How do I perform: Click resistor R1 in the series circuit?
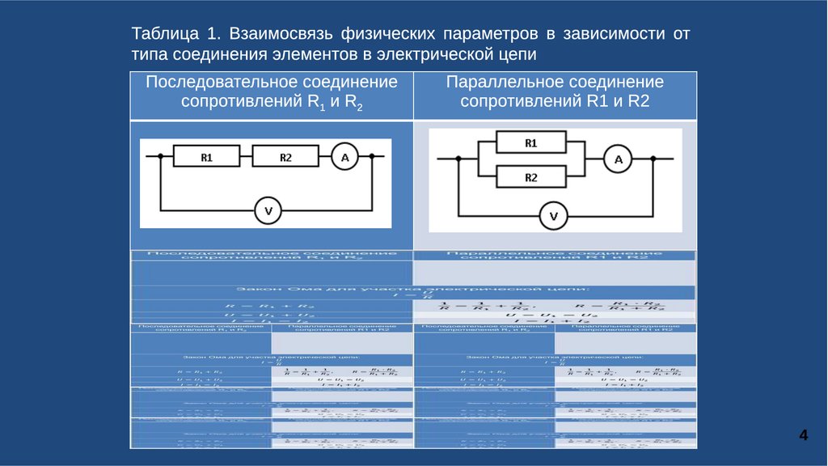pos(207,158)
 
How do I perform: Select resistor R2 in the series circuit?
pos(285,158)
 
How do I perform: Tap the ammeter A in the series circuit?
pos(344,158)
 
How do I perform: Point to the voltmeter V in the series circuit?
pos(268,211)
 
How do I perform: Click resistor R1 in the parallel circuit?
pos(530,143)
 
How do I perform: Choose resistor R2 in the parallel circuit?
pos(530,177)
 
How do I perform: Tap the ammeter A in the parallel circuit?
pos(619,160)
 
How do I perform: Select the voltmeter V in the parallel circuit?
pos(554,216)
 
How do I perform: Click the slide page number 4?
pos(803,436)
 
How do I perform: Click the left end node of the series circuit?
pos(160,158)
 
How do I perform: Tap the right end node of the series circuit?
pos(371,158)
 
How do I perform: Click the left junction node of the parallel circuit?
pos(458,160)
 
